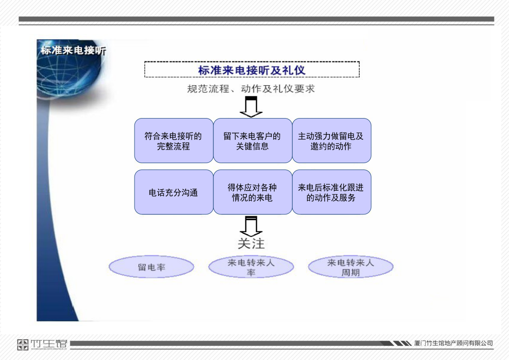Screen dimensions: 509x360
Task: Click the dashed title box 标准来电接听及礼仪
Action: point(252,70)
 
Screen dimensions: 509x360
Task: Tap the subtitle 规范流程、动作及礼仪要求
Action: point(251,89)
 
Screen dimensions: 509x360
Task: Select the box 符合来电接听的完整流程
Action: point(174,140)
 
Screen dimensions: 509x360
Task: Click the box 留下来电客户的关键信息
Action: point(253,140)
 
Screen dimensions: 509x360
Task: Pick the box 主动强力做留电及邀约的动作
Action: point(331,140)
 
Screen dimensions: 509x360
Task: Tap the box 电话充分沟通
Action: point(174,192)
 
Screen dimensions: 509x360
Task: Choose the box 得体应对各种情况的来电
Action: point(253,192)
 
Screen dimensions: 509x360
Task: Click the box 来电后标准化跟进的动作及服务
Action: point(331,192)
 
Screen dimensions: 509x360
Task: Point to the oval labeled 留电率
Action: point(151,267)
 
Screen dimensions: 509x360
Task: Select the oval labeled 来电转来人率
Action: point(251,267)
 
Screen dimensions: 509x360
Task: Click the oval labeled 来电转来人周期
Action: point(351,267)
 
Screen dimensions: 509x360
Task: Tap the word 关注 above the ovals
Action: point(251,243)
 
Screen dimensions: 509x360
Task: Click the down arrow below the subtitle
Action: point(251,107)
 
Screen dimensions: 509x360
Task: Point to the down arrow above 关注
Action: point(251,226)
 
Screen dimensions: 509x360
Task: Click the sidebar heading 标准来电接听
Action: point(74,50)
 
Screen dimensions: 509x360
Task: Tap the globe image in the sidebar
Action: point(70,70)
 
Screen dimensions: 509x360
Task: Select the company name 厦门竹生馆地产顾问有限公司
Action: point(453,343)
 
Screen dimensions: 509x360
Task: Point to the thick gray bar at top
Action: point(256,19)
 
